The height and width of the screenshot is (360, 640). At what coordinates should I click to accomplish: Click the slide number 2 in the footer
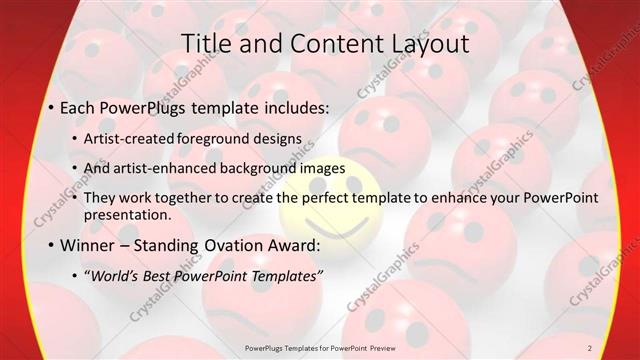(590, 348)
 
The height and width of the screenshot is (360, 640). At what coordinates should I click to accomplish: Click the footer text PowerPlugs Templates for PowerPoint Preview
(319, 348)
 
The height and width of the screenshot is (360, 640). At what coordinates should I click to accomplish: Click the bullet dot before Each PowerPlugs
(50, 105)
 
